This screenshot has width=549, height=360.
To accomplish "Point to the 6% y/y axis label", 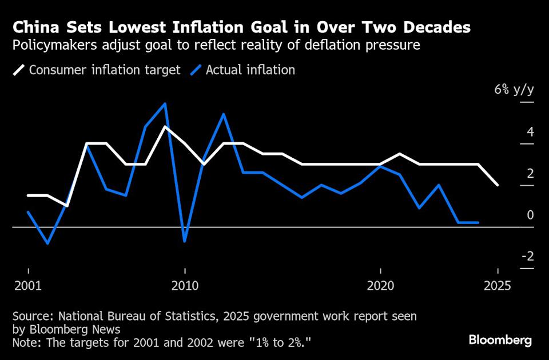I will point(515,90).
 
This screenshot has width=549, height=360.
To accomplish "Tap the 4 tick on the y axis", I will point(530,132).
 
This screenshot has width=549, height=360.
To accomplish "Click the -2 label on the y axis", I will point(527,256).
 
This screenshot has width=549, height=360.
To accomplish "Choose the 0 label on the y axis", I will point(530,215).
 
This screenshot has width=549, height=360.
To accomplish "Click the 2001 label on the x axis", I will point(28,286).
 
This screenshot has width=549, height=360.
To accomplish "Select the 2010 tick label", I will point(185,286).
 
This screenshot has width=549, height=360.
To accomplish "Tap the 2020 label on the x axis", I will point(380,286).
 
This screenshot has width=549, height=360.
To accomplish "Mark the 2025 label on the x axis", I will point(498,286).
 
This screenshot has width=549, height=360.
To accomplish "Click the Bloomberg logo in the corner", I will point(500,341).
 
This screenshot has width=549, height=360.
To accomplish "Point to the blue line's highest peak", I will point(165,103).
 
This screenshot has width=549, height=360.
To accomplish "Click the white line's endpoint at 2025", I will point(498,185).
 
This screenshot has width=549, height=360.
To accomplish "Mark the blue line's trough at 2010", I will point(185,241).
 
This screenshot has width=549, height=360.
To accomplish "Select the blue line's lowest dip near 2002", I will point(47,243).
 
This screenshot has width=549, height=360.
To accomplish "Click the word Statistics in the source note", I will point(178,315).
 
